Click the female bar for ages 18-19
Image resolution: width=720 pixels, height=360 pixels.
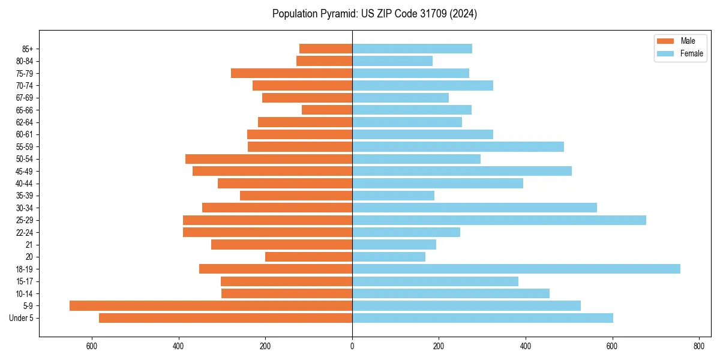click(x=516, y=269)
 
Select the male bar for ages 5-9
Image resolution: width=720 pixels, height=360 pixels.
click(x=211, y=305)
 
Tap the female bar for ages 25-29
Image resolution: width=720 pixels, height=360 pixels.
click(x=499, y=220)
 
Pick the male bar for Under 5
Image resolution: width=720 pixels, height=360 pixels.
click(x=226, y=318)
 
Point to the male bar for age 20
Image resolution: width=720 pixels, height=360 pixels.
click(x=308, y=257)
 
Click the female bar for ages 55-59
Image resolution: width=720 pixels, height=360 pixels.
click(x=458, y=146)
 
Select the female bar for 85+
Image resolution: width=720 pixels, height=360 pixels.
click(x=412, y=49)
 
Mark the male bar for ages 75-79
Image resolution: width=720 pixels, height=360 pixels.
click(x=292, y=73)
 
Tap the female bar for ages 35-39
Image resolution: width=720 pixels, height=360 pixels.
click(x=393, y=196)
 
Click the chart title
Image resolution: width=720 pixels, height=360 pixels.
click(x=374, y=14)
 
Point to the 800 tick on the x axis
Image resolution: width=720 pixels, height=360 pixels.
click(x=698, y=346)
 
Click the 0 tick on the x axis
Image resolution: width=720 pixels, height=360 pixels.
click(x=352, y=346)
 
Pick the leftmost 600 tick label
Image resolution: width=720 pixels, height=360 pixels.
click(x=92, y=346)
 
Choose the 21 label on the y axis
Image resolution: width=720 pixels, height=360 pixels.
click(x=29, y=245)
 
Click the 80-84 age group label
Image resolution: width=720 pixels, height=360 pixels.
click(x=24, y=61)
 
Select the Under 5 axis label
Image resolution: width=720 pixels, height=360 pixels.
click(x=22, y=318)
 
